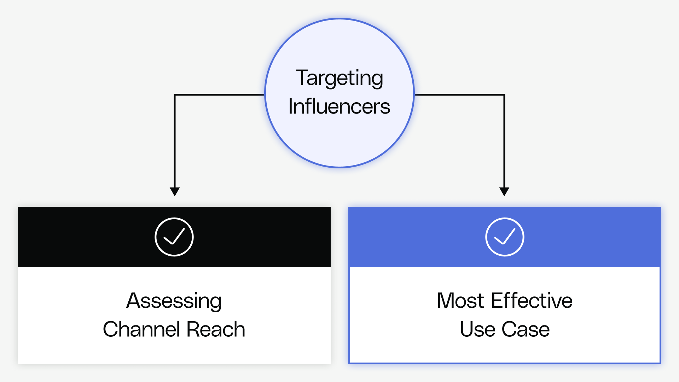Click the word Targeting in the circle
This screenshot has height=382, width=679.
tap(339, 79)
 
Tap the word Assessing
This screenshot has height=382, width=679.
tap(174, 301)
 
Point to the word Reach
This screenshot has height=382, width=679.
tap(215, 329)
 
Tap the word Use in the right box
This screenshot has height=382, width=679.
tap(477, 330)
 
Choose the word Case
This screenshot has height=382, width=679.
tap(526, 330)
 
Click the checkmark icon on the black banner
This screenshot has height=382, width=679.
tap(174, 237)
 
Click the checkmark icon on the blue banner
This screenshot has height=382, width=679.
tap(505, 237)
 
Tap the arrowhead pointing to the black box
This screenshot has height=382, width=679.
tap(175, 191)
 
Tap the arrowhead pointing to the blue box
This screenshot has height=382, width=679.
tap(504, 191)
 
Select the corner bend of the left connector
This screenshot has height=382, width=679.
tap(175, 95)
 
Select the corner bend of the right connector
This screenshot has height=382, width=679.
tap(504, 95)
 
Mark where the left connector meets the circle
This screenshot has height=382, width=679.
tap(264, 95)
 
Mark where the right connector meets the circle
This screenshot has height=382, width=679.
tap(414, 95)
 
